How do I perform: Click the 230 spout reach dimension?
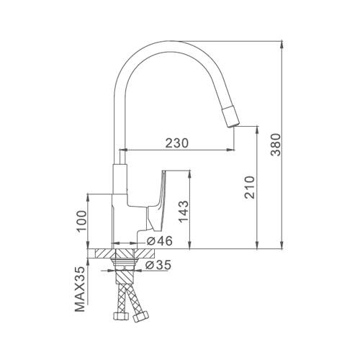click(x=177, y=143)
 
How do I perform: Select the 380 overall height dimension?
click(x=276, y=145)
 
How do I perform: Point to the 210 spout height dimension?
click(x=249, y=187)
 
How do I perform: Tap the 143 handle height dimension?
click(x=184, y=212)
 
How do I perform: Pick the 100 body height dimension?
click(x=82, y=220)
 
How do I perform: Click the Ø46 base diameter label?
click(x=160, y=241)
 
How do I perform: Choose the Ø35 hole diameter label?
click(x=158, y=265)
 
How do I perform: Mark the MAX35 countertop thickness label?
click(x=80, y=289)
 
